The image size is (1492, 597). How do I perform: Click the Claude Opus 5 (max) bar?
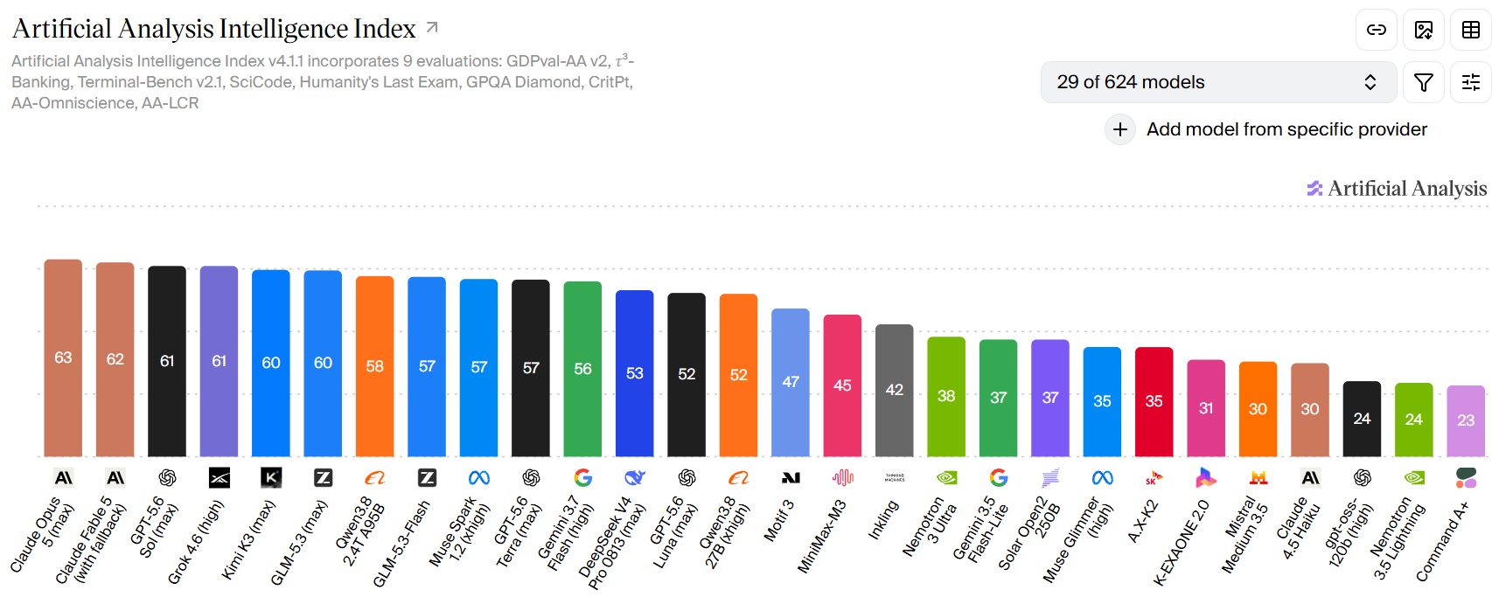coord(63,358)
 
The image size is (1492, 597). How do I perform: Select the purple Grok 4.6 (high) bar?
coord(220,361)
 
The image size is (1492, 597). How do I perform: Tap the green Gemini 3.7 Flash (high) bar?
coord(582,370)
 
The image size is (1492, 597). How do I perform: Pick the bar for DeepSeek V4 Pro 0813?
coord(635,373)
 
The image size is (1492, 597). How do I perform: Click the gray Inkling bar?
coord(895,391)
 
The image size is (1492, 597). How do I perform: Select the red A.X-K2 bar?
coord(1154,402)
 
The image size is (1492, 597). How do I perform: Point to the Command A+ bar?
coord(1466,421)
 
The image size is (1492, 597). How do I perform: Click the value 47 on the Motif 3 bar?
coord(791,382)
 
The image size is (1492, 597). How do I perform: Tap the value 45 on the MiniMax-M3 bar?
coord(842,385)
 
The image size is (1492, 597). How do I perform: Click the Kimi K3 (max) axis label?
coord(248,539)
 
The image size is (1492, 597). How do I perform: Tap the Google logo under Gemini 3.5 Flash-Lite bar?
coord(999,478)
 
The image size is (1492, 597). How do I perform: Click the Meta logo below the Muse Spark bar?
coord(479,478)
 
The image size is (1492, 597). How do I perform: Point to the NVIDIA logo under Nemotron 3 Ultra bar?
coord(946,478)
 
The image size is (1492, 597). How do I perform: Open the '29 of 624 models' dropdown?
coord(1218,82)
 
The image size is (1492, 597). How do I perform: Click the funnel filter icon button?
coord(1424,82)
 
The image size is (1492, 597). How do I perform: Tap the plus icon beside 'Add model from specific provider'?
coord(1120,129)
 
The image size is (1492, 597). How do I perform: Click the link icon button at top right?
coord(1376,30)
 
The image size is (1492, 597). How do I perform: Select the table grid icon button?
coord(1471,30)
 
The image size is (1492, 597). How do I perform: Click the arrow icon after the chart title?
coord(432,27)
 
